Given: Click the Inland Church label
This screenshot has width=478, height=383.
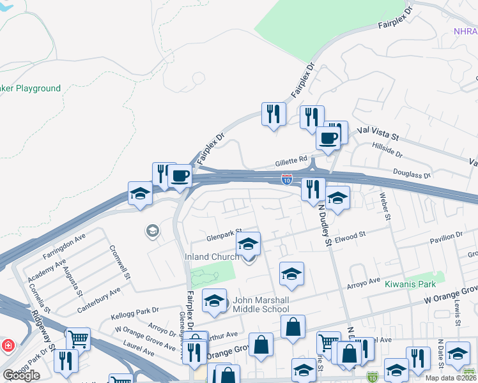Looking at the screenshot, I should coord(212,257).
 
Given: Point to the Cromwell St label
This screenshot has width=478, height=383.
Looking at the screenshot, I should coord(119,263).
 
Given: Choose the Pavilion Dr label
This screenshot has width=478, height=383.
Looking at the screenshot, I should coord(446,236).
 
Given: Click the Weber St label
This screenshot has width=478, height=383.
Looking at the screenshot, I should coord(385,206).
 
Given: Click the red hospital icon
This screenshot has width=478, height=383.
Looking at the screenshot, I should coord(8,346).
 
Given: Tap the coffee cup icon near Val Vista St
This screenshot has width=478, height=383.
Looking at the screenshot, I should coord(328,137).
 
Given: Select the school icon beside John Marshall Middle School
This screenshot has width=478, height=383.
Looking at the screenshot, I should coord(215,301).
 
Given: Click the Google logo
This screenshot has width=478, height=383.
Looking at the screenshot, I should coord(22,375).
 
